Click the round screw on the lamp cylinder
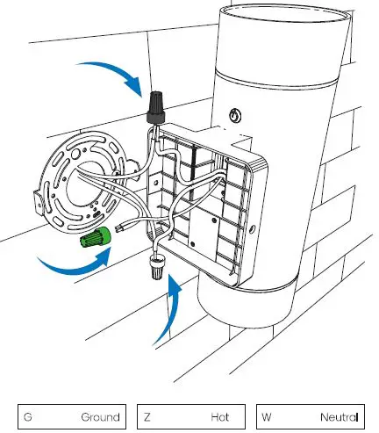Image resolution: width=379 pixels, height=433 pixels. tap(233, 116)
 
